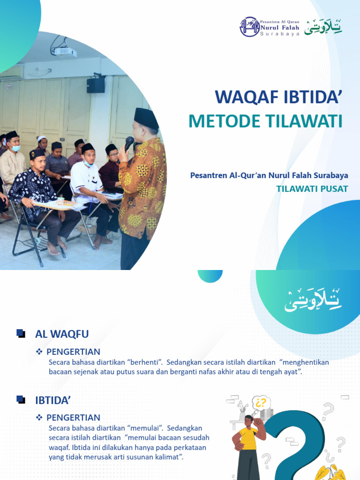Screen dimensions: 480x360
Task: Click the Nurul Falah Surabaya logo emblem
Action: [249, 27]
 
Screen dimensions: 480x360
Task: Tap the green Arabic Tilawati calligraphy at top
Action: [323, 27]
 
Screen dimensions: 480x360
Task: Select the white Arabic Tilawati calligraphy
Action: [313, 300]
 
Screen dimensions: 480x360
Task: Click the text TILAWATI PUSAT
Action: [312, 188]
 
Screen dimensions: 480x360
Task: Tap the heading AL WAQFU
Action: [62, 334]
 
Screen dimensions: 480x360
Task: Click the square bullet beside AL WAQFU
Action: [21, 333]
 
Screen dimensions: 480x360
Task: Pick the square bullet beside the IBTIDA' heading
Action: [21, 399]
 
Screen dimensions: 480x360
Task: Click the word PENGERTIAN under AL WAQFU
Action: [73, 352]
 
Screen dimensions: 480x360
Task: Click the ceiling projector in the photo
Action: [63, 51]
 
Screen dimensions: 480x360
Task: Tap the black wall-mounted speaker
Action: [96, 85]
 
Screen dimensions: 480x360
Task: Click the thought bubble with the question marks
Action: [261, 403]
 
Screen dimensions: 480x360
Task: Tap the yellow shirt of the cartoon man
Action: [247, 438]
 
